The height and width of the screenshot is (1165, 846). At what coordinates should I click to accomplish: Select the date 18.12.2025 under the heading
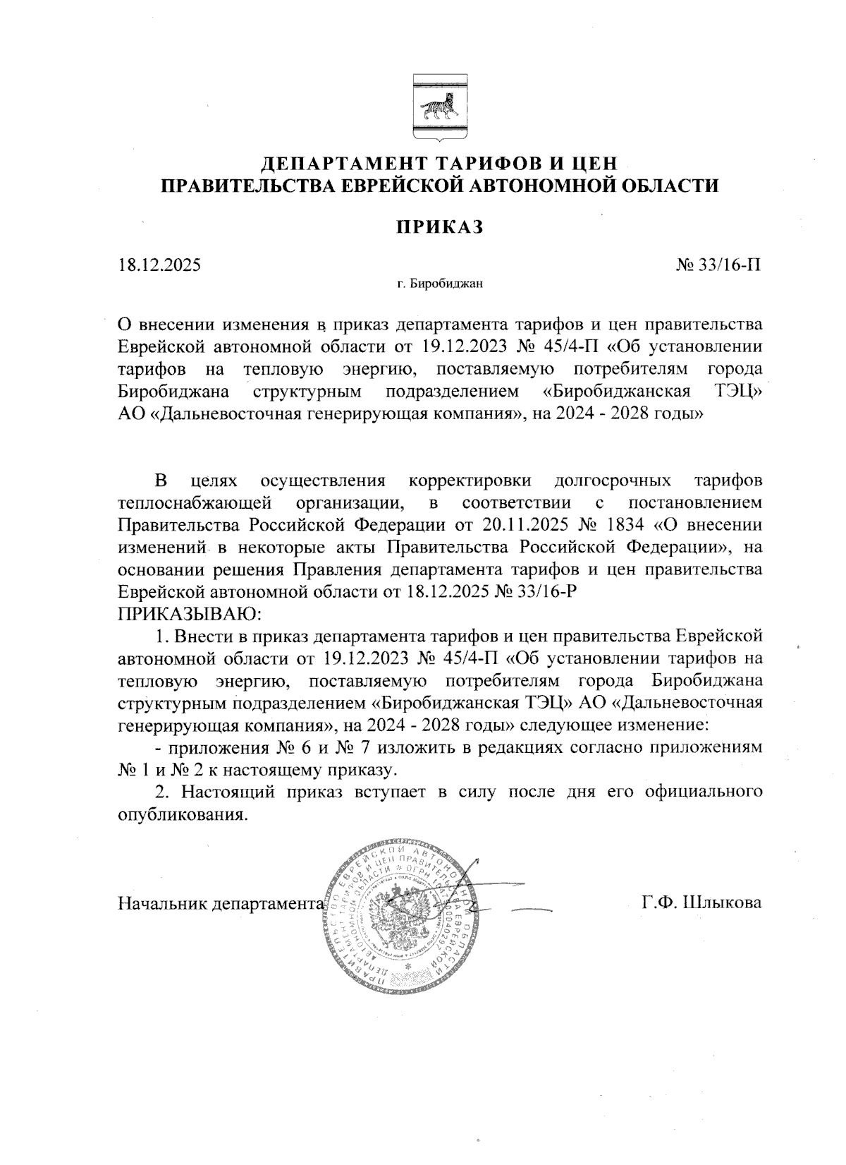[x=159, y=266]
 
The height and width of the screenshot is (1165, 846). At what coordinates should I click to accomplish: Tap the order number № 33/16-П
[x=718, y=266]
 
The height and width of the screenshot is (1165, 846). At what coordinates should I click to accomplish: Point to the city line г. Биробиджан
[x=439, y=285]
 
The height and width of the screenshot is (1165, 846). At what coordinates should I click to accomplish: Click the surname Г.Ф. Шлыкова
[x=701, y=903]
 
